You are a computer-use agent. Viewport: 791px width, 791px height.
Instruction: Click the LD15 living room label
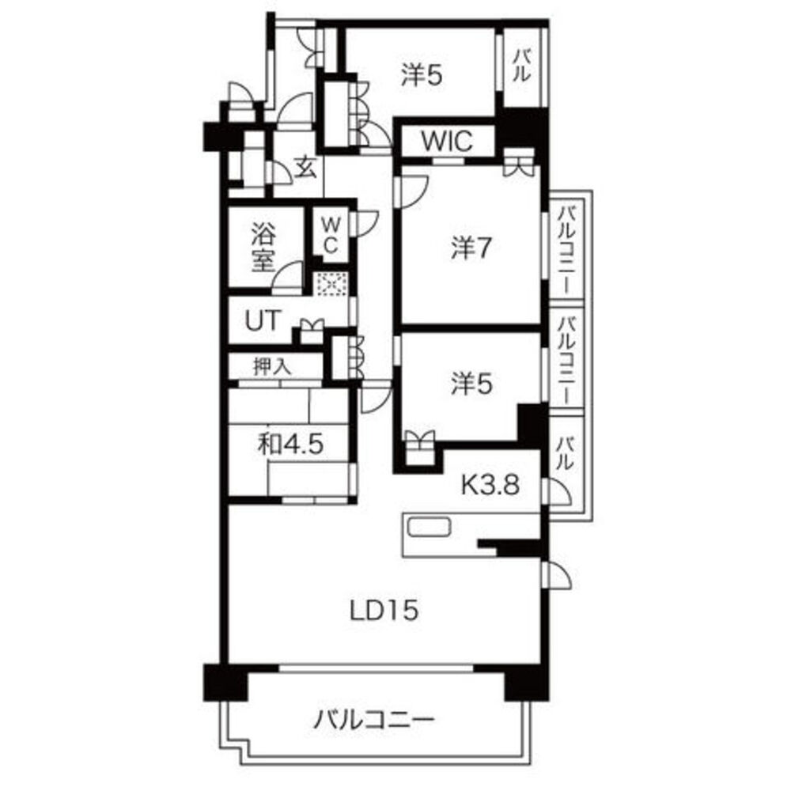(x=384, y=611)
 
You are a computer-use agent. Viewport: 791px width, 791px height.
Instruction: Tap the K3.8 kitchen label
(x=490, y=485)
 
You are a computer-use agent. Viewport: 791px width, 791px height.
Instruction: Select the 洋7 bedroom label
(x=471, y=248)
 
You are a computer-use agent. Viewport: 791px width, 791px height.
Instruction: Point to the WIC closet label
(x=447, y=142)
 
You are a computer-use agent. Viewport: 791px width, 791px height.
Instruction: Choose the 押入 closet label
(x=272, y=366)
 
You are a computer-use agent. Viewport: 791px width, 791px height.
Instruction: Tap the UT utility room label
(x=263, y=320)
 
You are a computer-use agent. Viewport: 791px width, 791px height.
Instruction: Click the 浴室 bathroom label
(x=263, y=248)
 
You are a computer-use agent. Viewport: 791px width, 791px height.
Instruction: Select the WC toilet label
(x=330, y=236)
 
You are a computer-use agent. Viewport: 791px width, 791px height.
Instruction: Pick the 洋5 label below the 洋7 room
(x=471, y=384)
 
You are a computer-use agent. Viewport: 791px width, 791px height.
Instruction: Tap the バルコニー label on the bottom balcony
(x=374, y=719)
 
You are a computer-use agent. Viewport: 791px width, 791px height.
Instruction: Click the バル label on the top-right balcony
(x=522, y=66)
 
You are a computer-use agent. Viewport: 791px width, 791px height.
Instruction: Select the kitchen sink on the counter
(x=430, y=528)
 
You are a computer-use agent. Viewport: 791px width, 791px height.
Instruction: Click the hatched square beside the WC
(x=331, y=285)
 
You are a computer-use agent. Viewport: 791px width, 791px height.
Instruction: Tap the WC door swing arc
(x=369, y=222)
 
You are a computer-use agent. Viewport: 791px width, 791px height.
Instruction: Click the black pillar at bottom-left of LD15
(x=225, y=683)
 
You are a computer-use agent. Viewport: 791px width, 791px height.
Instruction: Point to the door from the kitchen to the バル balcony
(x=558, y=491)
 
